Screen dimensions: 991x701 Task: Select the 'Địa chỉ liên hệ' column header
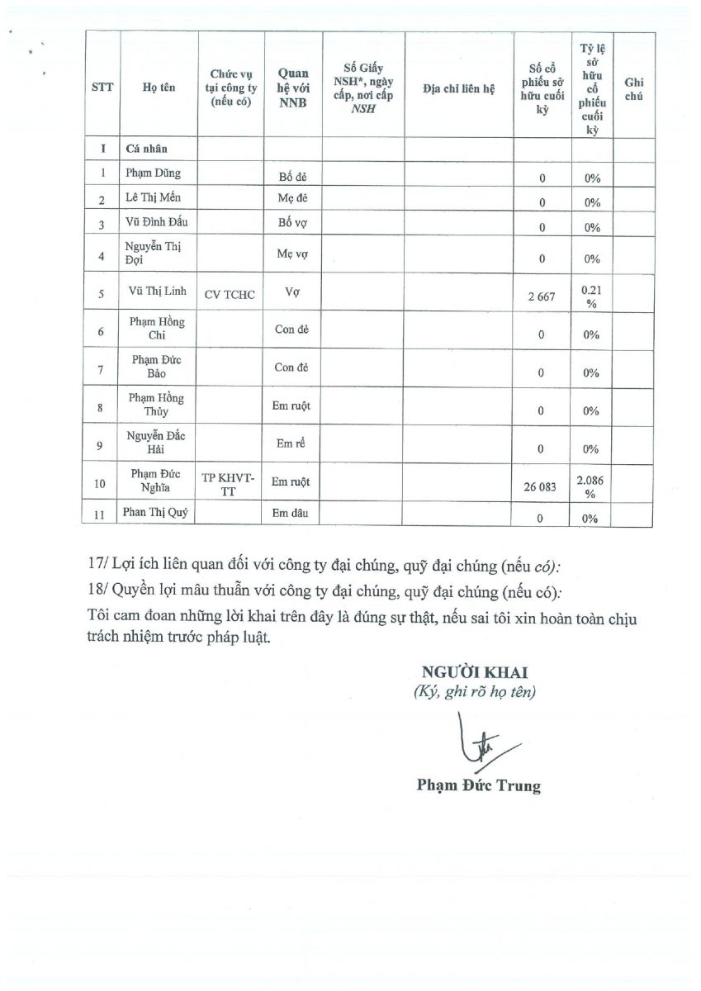pos(457,89)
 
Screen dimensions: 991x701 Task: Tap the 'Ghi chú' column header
pos(634,89)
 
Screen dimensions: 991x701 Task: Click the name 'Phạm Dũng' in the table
pos(154,173)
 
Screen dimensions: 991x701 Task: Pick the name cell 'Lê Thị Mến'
pos(154,198)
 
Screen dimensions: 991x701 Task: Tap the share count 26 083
pos(542,486)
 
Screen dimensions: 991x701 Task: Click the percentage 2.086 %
pos(590,486)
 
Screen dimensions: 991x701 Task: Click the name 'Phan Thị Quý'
pos(155,513)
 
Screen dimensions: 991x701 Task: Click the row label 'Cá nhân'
pos(146,149)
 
